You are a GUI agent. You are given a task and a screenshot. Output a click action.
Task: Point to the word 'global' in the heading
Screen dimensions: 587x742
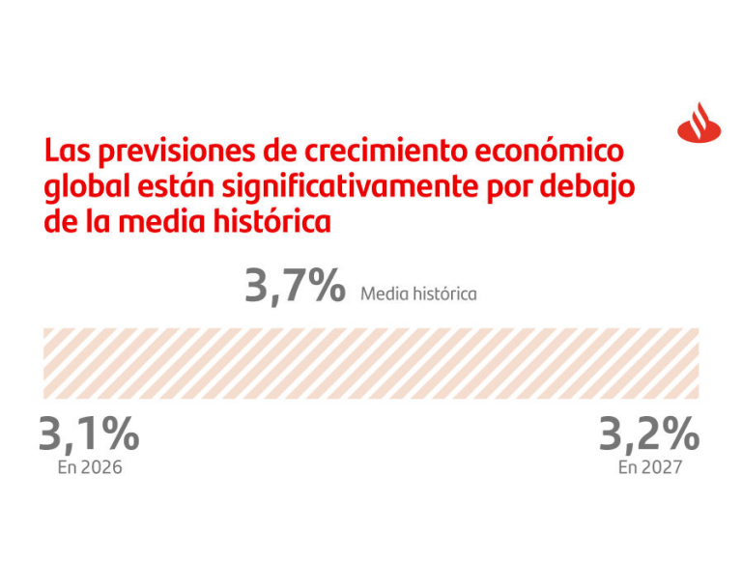tap(80, 187)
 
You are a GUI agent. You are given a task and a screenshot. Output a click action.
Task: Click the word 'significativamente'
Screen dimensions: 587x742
tap(328, 187)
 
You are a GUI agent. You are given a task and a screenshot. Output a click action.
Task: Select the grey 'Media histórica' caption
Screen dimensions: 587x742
tap(418, 293)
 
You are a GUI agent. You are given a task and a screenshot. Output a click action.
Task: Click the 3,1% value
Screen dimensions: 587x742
tap(89, 434)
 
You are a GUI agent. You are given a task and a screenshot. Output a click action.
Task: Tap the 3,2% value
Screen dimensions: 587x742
tap(648, 434)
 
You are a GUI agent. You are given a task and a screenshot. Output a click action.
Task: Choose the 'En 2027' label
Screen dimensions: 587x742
tap(650, 467)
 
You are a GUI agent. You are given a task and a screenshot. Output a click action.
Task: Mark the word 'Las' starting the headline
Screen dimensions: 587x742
tap(65, 153)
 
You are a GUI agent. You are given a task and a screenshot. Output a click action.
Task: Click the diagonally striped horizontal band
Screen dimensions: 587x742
tap(371, 363)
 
